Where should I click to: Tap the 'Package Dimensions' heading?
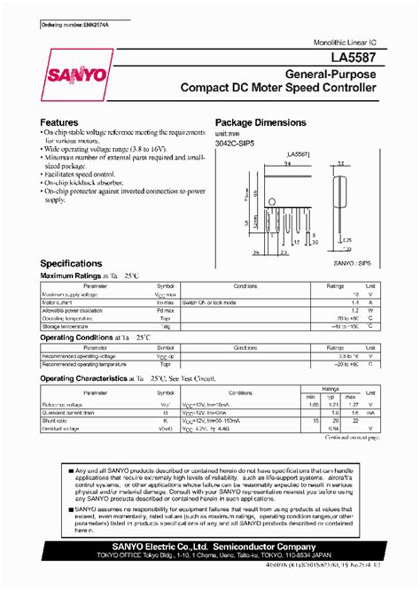[x=261, y=122]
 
